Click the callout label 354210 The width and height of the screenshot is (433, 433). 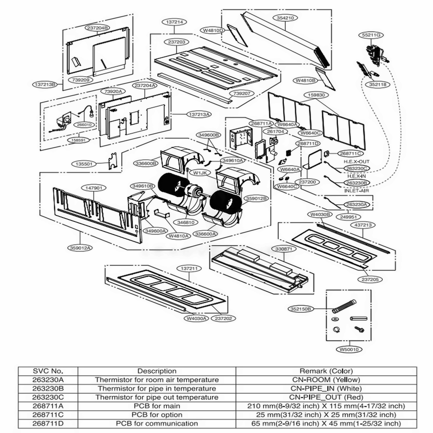pyautogui.click(x=285, y=18)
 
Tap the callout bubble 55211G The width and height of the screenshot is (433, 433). pyautogui.click(x=371, y=35)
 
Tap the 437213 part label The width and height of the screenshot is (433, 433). pyautogui.click(x=362, y=225)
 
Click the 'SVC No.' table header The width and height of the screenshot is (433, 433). pyautogui.click(x=48, y=371)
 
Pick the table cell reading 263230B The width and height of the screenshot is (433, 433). pyautogui.click(x=48, y=388)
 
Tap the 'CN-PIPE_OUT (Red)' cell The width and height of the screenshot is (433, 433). pyautogui.click(x=326, y=397)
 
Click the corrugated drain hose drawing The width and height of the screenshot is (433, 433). pyautogui.click(x=344, y=307)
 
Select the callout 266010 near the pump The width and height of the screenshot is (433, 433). pyautogui.click(x=84, y=124)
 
